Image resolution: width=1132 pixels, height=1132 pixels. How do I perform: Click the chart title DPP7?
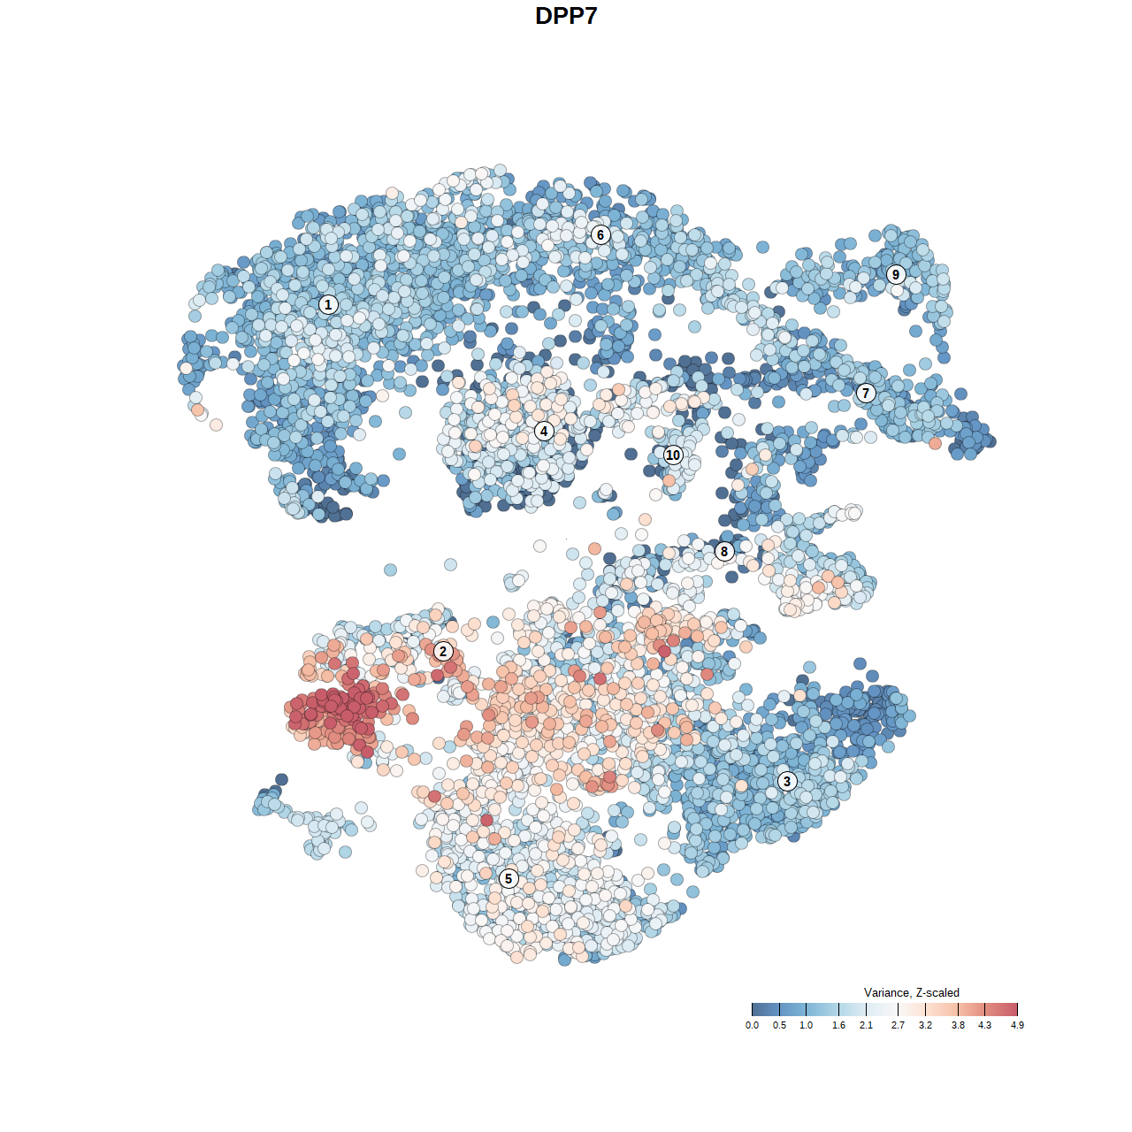point(566,16)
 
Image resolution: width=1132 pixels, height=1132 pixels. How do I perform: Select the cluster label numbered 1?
point(328,305)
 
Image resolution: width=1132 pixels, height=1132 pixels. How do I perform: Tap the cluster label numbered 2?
point(443,652)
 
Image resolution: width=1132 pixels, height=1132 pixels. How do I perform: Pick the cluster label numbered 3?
point(787,781)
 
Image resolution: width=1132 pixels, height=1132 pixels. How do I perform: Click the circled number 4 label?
point(544,432)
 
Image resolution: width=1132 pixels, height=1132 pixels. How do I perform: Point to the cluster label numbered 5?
point(509,878)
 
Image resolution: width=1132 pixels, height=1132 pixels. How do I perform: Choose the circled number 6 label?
point(600,234)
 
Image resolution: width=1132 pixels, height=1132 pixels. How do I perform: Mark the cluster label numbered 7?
point(866,394)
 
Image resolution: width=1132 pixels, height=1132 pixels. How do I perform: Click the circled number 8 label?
point(724,552)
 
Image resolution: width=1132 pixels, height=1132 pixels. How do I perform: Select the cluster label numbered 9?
point(896,274)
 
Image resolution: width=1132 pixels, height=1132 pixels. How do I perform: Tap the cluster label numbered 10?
point(673,455)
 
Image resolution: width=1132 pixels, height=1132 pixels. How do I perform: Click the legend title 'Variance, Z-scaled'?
point(911,992)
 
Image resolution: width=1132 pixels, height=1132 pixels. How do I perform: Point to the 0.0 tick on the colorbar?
point(752,1025)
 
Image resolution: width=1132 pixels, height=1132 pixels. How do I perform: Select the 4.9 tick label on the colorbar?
point(1017,1025)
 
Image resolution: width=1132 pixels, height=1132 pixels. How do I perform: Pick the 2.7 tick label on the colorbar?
point(898,1025)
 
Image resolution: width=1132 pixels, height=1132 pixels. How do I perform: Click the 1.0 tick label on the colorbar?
point(806,1025)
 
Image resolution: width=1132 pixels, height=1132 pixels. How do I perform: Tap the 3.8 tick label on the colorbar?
point(958,1025)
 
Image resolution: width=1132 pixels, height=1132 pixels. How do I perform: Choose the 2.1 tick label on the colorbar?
point(866,1025)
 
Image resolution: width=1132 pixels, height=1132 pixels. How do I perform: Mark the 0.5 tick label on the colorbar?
point(779,1025)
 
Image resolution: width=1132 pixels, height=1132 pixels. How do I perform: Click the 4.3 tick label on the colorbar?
point(984,1025)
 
